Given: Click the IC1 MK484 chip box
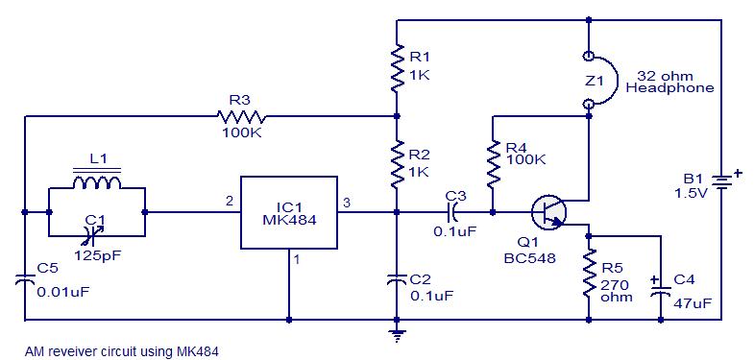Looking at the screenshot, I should pyautogui.click(x=288, y=212).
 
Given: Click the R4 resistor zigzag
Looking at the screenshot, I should pyautogui.click(x=492, y=164).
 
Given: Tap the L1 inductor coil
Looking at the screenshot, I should pyautogui.click(x=95, y=182).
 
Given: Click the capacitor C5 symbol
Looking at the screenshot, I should pyautogui.click(x=23, y=279).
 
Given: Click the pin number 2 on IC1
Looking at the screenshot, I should pyautogui.click(x=230, y=201).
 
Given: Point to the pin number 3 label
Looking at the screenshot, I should pyautogui.click(x=347, y=201).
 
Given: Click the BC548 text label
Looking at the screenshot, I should pyautogui.click(x=527, y=258).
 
